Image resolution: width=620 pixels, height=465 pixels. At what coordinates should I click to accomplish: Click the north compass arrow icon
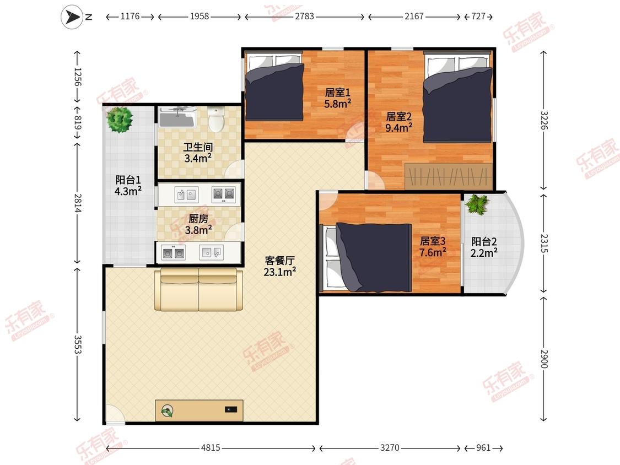72,17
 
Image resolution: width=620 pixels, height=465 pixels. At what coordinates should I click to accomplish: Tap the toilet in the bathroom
216,118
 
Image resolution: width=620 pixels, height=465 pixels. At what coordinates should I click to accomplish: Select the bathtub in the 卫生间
177,116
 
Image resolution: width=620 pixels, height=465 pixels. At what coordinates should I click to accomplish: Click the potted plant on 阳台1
120,120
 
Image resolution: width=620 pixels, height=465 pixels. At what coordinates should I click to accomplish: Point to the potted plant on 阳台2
478,204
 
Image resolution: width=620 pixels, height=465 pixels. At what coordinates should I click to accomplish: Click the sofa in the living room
198,289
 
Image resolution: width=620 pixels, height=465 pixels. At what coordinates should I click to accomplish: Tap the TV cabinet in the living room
199,410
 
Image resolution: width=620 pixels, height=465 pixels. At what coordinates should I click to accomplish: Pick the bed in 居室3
366,257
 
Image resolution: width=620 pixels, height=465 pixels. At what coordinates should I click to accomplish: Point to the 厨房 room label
198,218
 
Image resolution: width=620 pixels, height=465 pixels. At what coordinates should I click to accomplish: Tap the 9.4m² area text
399,128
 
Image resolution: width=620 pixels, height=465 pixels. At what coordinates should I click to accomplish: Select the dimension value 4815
211,447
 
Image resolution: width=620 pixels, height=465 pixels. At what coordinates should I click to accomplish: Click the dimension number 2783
304,16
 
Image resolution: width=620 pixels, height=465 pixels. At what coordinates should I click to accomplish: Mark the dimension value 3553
78,345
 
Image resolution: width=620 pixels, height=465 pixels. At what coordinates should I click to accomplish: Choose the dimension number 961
483,447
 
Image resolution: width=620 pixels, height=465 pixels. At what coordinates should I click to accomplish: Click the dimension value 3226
544,120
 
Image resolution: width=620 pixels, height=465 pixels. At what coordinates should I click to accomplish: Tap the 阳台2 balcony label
484,241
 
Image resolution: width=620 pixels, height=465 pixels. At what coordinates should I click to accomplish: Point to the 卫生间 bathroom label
198,148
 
